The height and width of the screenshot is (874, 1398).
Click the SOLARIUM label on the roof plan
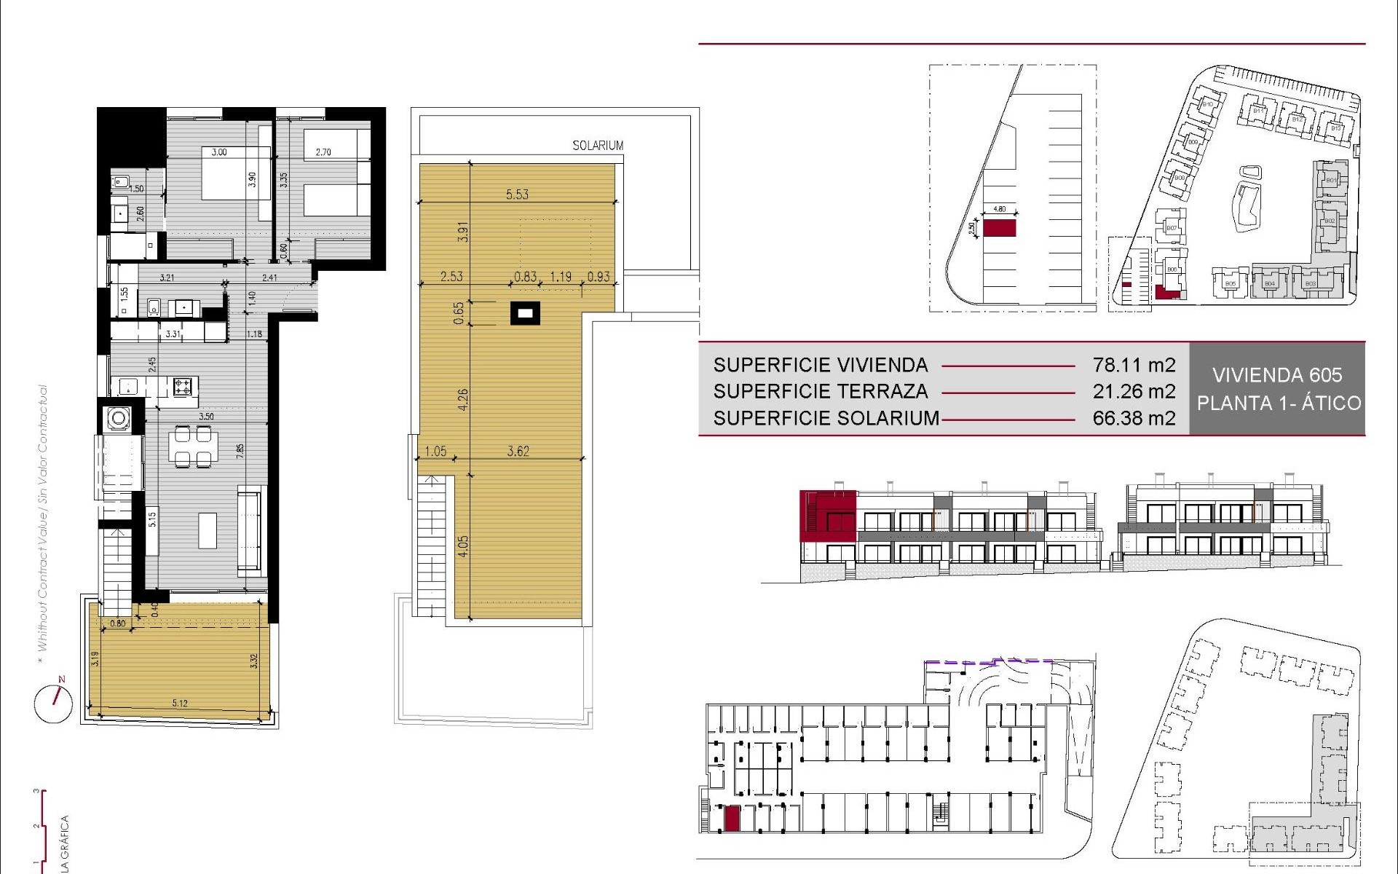[598, 146]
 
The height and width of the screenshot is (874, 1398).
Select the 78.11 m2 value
[1134, 365]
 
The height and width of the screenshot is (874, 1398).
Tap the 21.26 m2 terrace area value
[1134, 392]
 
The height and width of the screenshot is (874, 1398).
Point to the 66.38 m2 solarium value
[1134, 418]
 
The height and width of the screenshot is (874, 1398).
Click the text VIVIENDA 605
[1277, 375]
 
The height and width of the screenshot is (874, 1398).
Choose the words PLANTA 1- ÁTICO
[1279, 403]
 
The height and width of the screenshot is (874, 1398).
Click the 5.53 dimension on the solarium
[517, 194]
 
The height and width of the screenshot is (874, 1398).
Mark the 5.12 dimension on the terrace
[180, 703]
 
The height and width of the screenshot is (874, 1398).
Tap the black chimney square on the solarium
[525, 314]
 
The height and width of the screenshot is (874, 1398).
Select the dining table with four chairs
[193, 446]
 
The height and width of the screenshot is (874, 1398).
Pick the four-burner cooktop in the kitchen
[185, 386]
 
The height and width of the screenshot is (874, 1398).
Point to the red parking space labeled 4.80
[999, 228]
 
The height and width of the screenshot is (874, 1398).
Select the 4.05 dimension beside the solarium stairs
[463, 546]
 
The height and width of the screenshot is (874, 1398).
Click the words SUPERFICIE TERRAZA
[821, 392]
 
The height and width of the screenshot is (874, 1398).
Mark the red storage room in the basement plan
[732, 818]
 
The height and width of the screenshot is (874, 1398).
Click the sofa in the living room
[250, 532]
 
